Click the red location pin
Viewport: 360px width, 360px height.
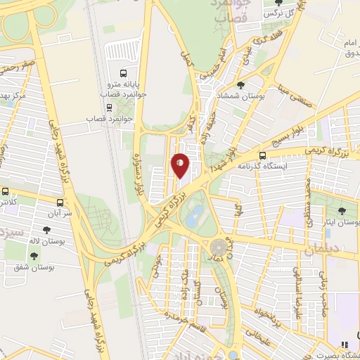180,165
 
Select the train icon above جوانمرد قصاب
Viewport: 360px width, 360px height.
109,107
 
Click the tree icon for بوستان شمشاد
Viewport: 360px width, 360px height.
240,85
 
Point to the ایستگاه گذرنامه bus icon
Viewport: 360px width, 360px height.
262,155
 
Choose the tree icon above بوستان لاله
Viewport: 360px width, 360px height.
46,229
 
